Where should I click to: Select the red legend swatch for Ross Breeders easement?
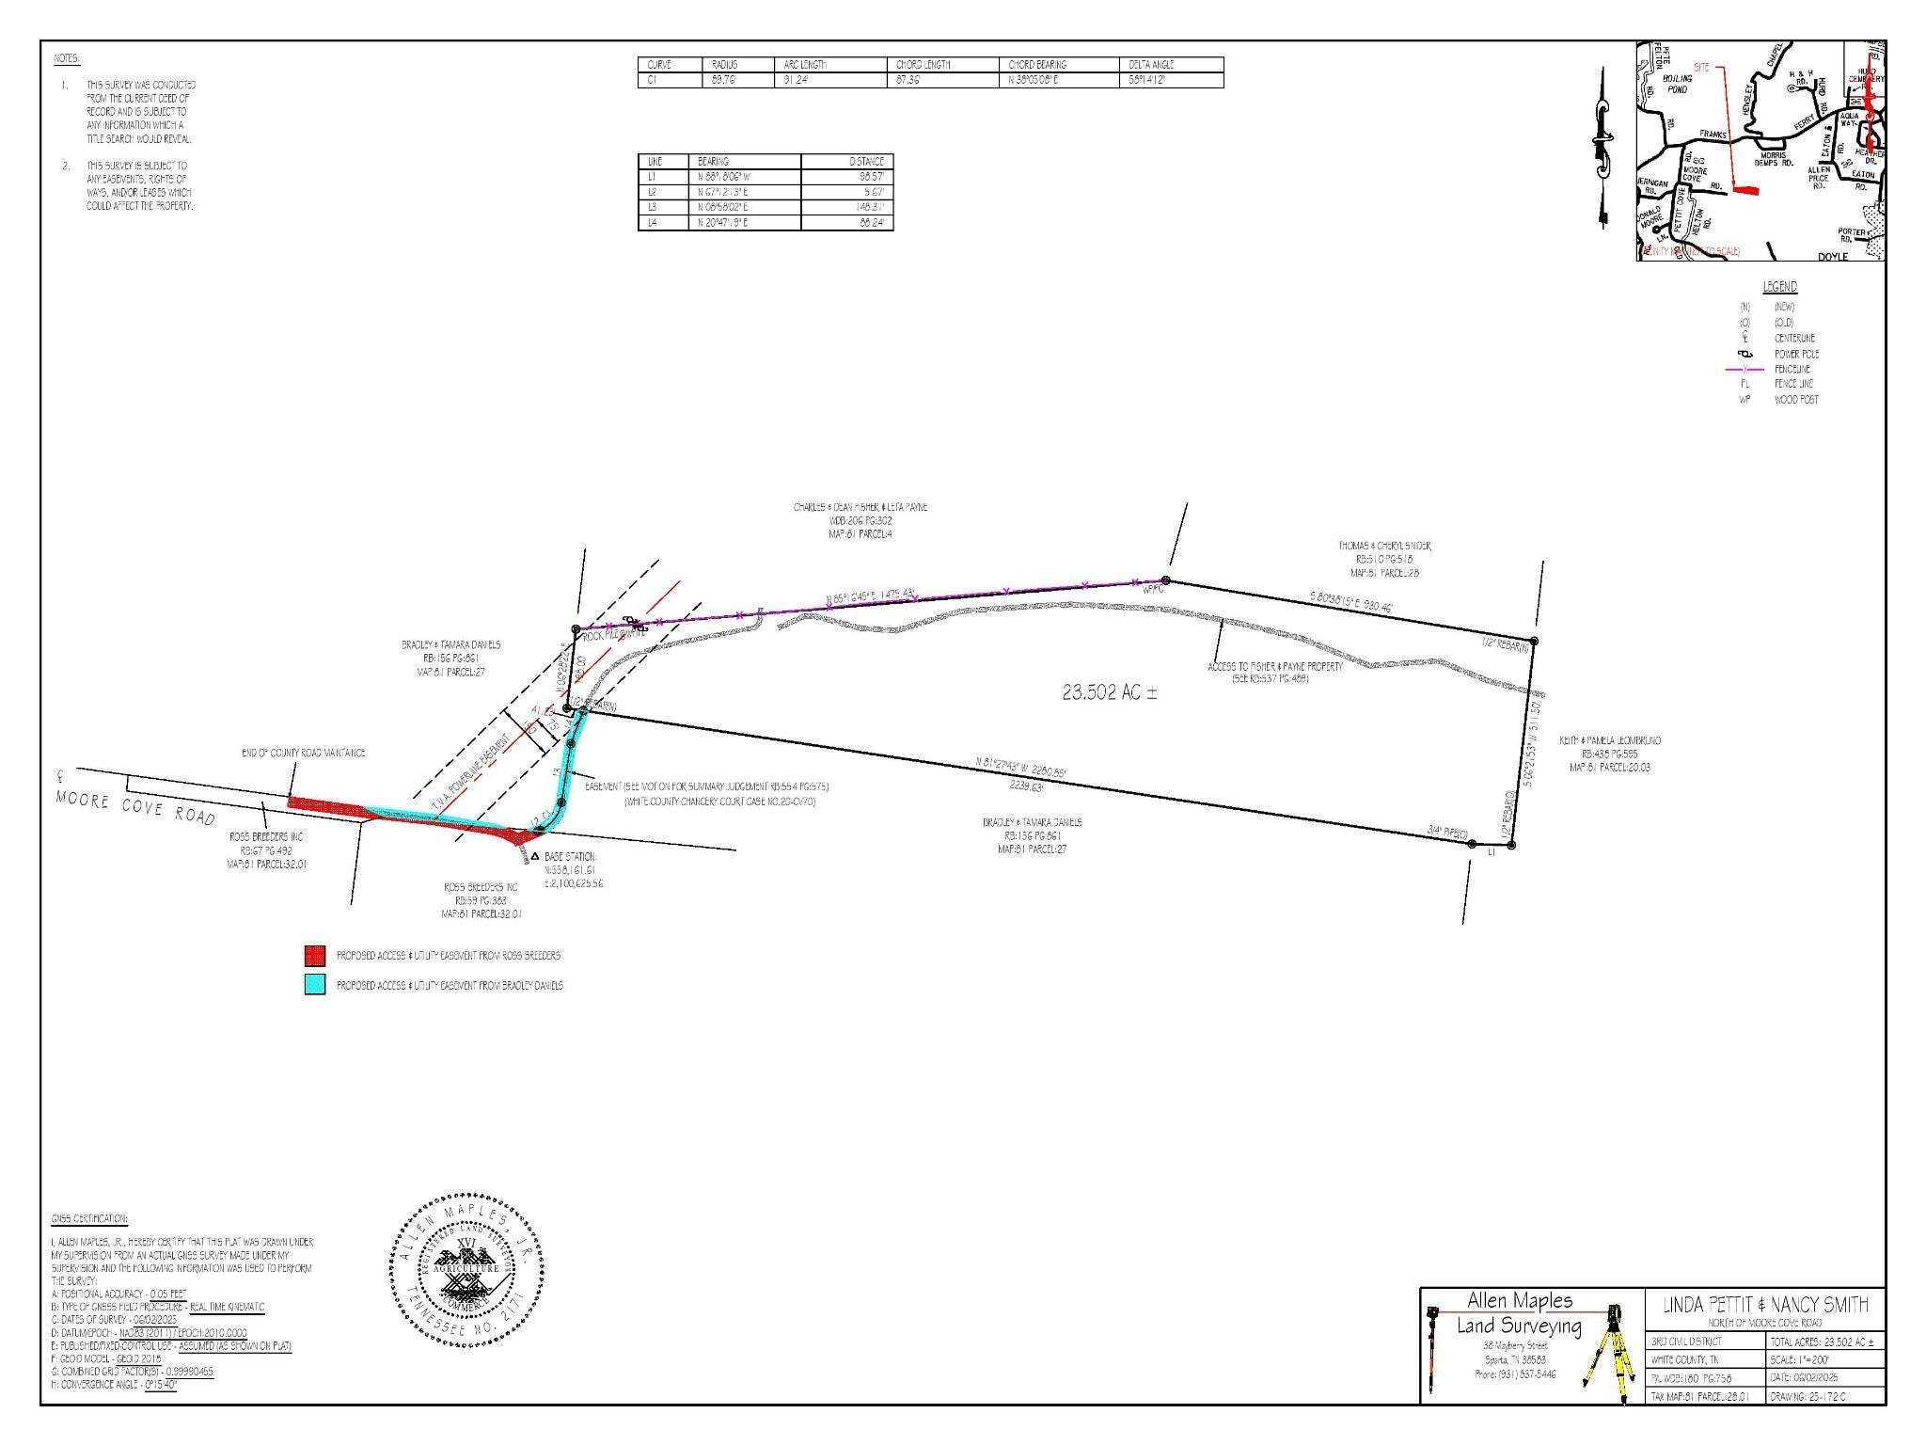click(315, 956)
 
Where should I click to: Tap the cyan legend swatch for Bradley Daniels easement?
click(315, 985)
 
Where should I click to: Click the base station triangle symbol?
click(534, 857)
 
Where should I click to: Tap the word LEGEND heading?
click(1779, 287)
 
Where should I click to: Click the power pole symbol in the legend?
click(1745, 354)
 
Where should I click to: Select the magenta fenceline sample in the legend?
click(1745, 369)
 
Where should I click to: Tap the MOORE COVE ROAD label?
click(135, 810)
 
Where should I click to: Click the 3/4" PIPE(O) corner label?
click(1447, 831)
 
